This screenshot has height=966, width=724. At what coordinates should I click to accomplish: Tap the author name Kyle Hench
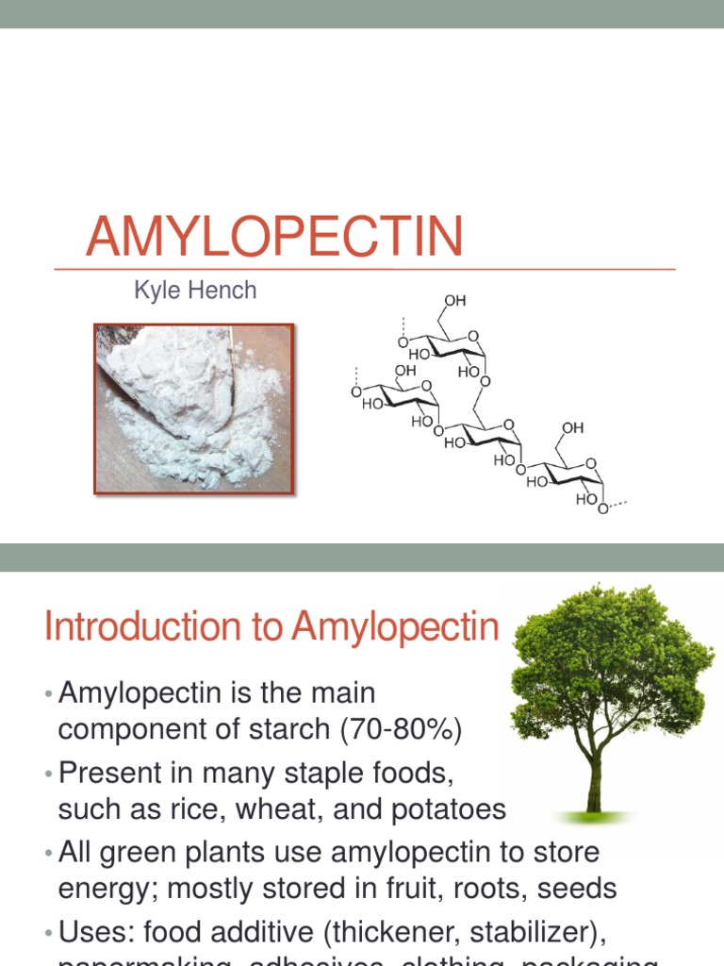pyautogui.click(x=195, y=291)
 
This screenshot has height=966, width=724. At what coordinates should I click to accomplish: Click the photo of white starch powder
pyautogui.click(x=193, y=408)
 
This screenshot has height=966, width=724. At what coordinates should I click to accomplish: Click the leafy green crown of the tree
pyautogui.click(x=608, y=660)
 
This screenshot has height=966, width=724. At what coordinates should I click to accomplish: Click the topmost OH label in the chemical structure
pyautogui.click(x=454, y=301)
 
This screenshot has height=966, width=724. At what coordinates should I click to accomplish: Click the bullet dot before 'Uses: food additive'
pyautogui.click(x=48, y=933)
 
